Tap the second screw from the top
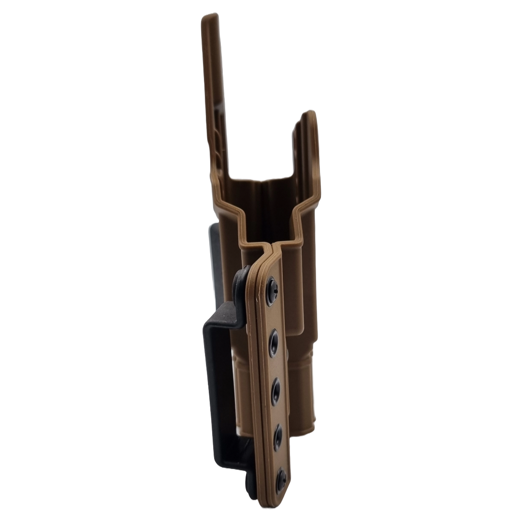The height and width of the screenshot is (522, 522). point(274,342)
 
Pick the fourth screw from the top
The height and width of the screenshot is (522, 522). point(278,437)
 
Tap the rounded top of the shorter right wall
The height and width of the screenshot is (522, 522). point(309,116)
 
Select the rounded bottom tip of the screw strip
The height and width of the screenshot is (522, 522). point(281,500)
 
